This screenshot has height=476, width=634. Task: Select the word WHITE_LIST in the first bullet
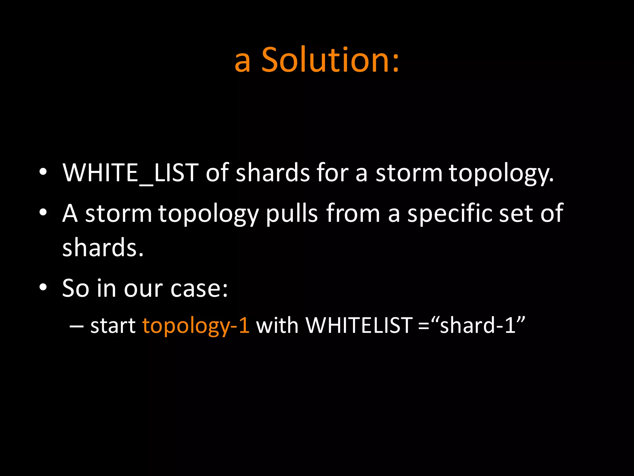click(x=130, y=173)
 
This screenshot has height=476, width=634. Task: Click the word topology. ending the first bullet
click(x=501, y=174)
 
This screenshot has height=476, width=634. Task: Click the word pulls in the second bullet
click(x=292, y=214)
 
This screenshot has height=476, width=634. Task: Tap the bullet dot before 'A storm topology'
click(x=43, y=212)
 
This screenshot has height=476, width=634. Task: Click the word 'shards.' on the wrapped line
click(x=103, y=248)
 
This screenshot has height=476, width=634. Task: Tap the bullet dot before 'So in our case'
click(x=43, y=287)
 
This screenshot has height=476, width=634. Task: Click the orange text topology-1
click(x=196, y=326)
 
